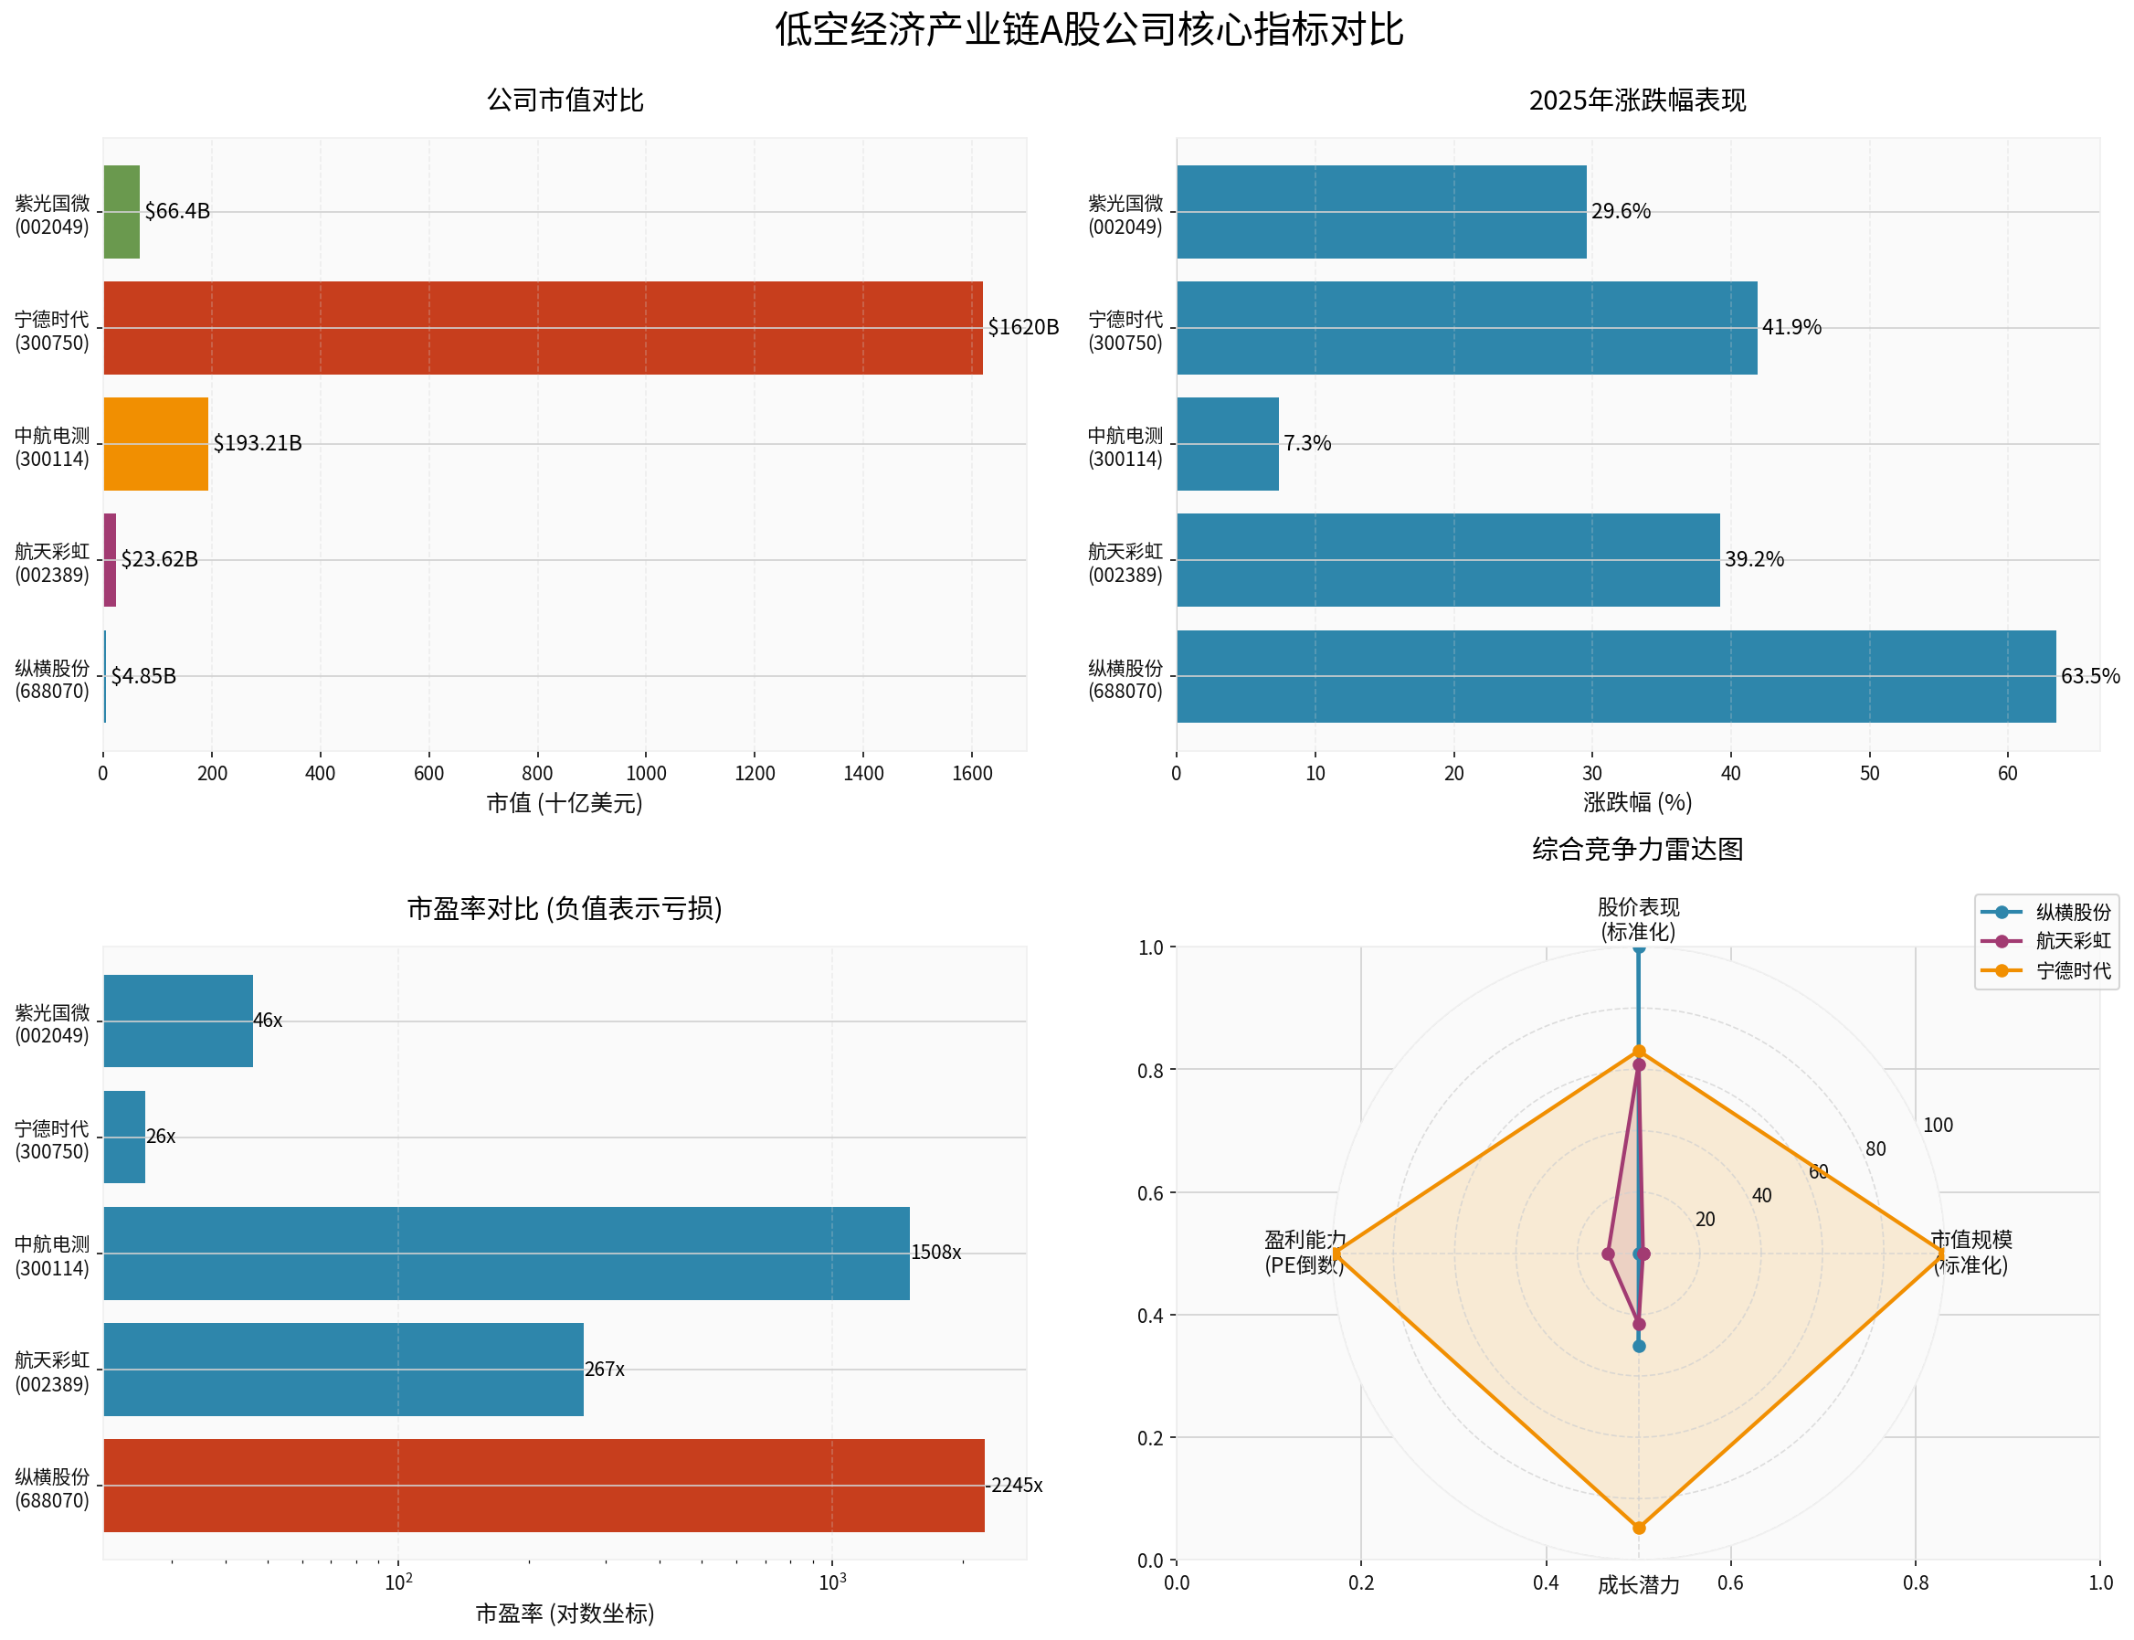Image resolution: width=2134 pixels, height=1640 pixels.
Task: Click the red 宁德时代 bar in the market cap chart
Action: (542, 328)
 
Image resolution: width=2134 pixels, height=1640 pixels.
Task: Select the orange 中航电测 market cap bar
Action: (155, 444)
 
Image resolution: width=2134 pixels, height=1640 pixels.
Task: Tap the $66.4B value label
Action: (176, 212)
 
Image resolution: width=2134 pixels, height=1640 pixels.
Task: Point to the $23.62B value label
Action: (159, 559)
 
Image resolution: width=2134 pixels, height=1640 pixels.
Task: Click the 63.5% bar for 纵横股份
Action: (1616, 676)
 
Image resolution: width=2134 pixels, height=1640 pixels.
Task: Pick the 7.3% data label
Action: (1306, 444)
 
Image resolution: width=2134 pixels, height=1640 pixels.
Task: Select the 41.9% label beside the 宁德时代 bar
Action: (1791, 328)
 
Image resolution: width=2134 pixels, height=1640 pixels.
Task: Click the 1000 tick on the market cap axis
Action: (645, 774)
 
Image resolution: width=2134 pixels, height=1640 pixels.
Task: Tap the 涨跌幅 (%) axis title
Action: (1637, 802)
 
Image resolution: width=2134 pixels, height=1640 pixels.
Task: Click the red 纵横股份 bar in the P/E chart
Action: (543, 1486)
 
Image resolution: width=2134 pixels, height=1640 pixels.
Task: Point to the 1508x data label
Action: (935, 1253)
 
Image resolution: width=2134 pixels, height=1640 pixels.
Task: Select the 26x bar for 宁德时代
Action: (124, 1137)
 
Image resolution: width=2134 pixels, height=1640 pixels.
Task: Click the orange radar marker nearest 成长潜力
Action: (1638, 1528)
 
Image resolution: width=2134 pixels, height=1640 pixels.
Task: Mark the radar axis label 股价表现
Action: (1637, 908)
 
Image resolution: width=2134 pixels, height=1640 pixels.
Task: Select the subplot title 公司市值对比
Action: (565, 101)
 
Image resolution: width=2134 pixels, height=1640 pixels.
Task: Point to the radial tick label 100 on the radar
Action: (1937, 1126)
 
